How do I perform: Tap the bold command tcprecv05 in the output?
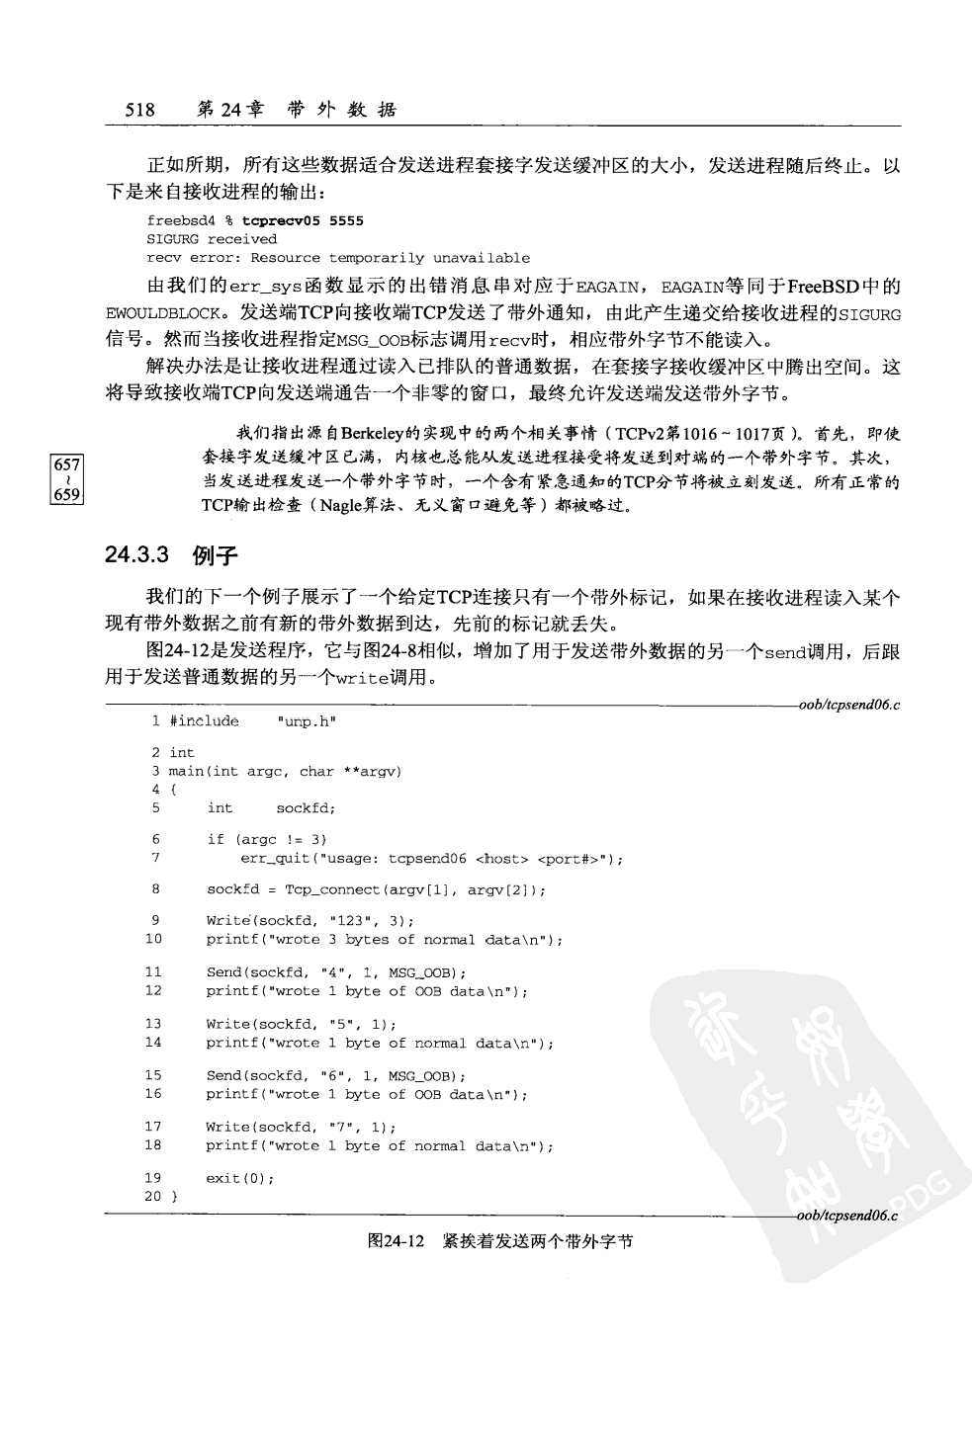pyautogui.click(x=282, y=220)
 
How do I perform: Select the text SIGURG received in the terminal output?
pyautogui.click(x=212, y=239)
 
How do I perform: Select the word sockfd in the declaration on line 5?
pyautogui.click(x=306, y=808)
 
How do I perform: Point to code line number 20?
pyautogui.click(x=153, y=1197)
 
